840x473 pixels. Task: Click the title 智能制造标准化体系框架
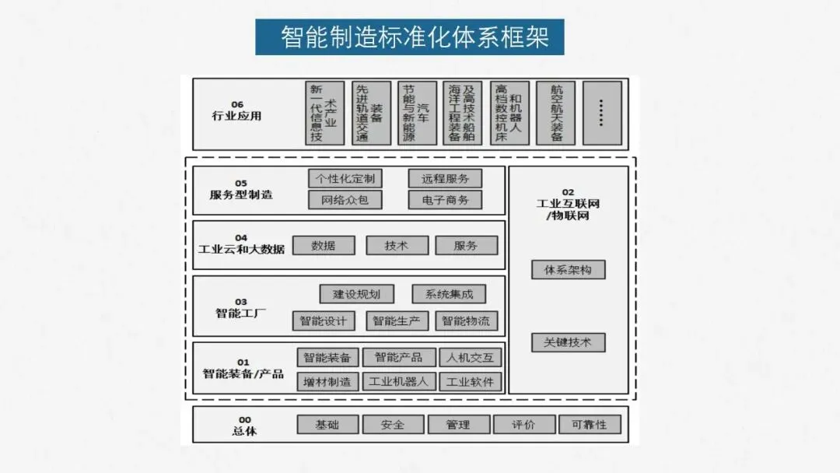409,37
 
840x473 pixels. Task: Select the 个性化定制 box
345,178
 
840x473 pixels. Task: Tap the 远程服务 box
445,178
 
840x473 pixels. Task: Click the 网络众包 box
345,200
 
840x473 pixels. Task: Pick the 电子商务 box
445,200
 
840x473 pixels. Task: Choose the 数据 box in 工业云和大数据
324,245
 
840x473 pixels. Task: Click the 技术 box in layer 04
397,245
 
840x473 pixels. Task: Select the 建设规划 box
356,294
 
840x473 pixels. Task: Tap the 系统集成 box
449,294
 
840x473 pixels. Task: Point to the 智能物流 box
467,321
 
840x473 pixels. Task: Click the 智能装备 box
327,358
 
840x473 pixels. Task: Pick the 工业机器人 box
398,382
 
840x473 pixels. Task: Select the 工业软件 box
471,382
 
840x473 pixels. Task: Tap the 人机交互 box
471,358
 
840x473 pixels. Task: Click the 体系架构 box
569,270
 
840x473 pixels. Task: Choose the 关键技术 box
569,342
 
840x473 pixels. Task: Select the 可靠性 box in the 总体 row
590,425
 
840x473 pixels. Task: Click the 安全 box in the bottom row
394,425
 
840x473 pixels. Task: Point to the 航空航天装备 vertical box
556,113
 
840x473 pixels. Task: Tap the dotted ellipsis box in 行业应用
602,113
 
